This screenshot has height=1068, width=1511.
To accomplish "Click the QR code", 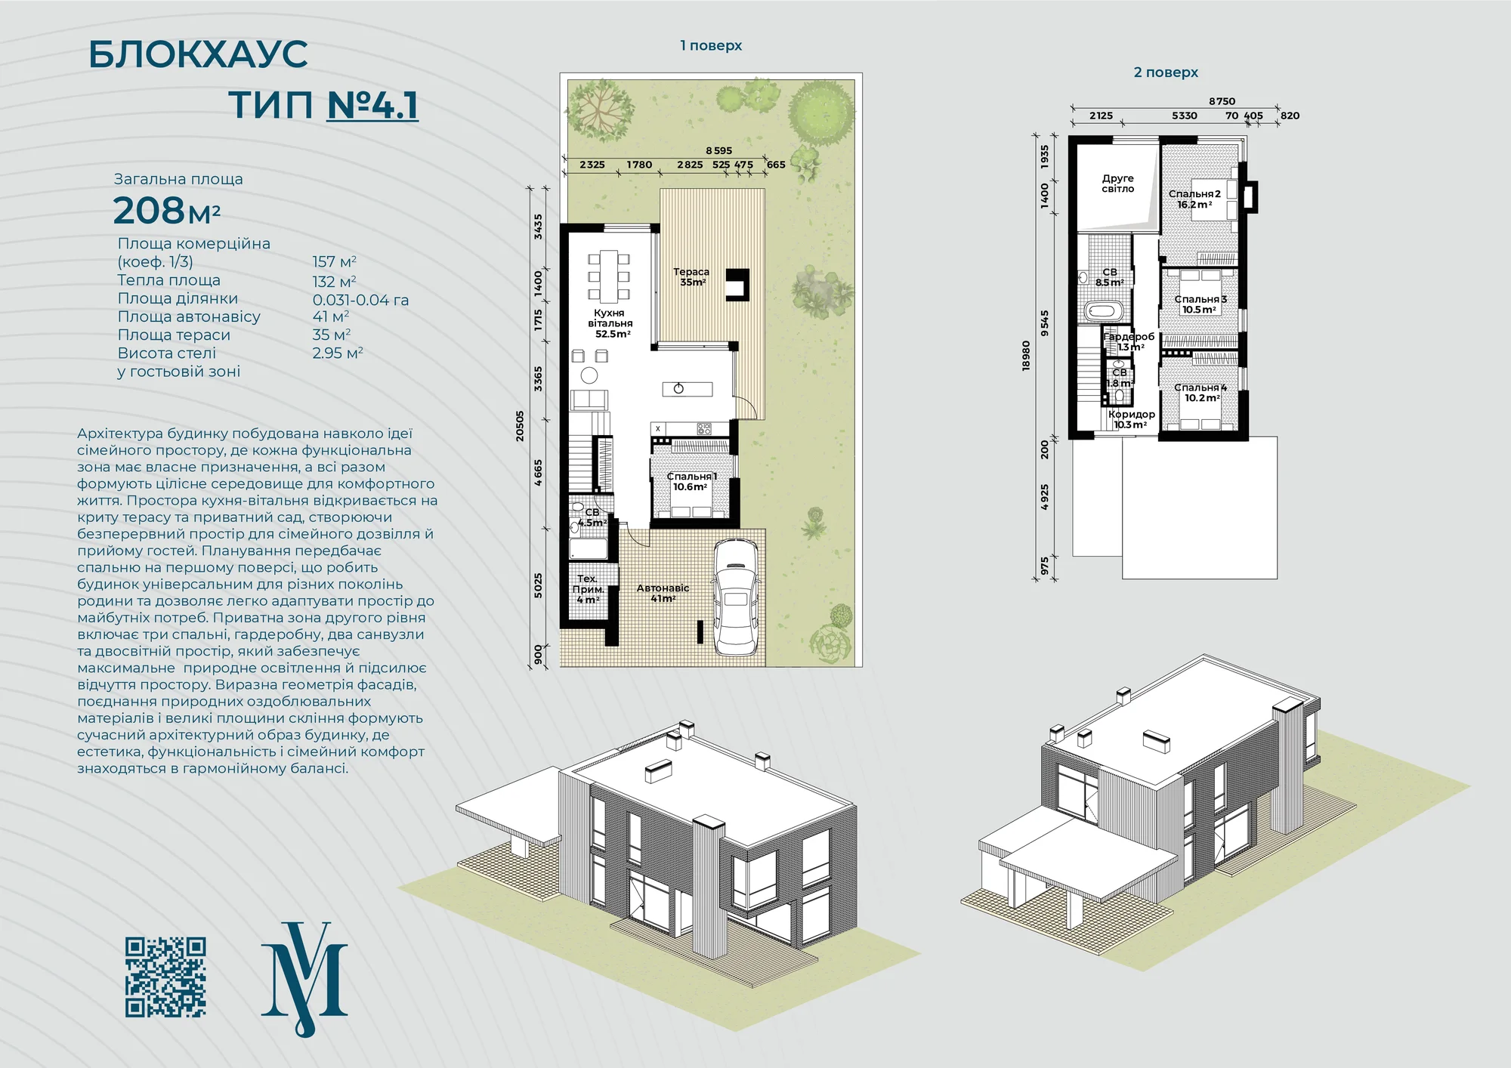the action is point(165,977).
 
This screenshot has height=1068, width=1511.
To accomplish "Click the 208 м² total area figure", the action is point(166,211).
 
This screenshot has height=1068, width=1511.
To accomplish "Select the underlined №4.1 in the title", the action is point(372,104).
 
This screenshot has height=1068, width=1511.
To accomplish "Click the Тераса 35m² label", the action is point(691,277).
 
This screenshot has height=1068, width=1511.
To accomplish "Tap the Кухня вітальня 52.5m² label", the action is point(610,323).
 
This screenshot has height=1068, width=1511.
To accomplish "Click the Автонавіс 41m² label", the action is point(663,593).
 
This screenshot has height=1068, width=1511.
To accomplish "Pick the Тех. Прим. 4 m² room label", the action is point(588,589).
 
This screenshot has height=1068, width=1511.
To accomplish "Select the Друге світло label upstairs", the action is point(1117,184).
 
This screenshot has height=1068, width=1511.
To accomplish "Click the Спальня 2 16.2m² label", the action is point(1194,199).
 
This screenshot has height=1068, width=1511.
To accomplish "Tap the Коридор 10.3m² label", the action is point(1131,419).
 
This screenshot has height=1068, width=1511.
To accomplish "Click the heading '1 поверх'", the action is point(711,45).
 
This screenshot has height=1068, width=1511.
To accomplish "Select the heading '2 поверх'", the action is point(1166,73).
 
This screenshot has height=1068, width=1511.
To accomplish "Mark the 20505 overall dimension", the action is point(520,426).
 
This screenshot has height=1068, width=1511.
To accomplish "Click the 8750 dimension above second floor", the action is point(1222,101).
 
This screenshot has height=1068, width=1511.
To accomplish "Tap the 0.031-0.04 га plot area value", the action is point(360,300).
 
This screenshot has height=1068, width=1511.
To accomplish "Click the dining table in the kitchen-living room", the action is point(609,275).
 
